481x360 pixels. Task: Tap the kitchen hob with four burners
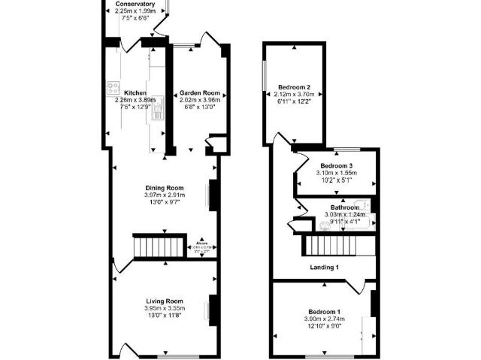pyautogui.click(x=113, y=86)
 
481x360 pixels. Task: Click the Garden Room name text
pyautogui.click(x=198, y=93)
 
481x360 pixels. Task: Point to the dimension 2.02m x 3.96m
pyautogui.click(x=198, y=100)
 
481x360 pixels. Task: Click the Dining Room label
pyautogui.click(x=165, y=188)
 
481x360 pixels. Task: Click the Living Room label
pyautogui.click(x=165, y=300)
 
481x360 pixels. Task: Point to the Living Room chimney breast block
pyautogui.click(x=213, y=308)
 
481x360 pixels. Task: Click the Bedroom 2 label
pyautogui.click(x=294, y=86)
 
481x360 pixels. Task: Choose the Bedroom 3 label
pyautogui.click(x=336, y=165)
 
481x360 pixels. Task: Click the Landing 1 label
pyautogui.click(x=325, y=268)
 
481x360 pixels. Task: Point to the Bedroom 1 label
pyautogui.click(x=324, y=311)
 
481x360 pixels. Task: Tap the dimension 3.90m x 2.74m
pyautogui.click(x=324, y=319)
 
